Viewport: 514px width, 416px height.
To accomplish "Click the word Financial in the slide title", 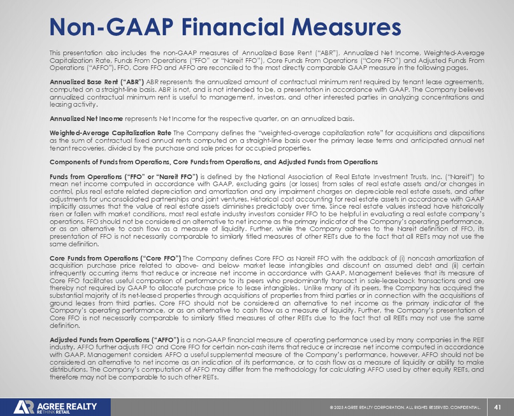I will (233, 27).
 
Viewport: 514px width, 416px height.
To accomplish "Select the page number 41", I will (497, 407).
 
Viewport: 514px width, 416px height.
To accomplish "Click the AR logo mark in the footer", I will (24, 407).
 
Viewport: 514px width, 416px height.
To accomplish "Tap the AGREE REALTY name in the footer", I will (66, 406).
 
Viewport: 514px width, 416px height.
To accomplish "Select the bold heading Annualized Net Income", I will (86, 118).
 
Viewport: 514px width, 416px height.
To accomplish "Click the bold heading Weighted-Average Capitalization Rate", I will (110, 133).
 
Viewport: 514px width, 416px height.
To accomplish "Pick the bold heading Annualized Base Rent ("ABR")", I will (97, 82).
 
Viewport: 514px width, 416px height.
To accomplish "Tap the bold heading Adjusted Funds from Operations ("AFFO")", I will (114, 340).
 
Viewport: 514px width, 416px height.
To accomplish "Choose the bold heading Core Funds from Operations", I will (115, 258).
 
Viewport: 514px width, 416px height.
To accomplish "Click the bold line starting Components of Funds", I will (214, 162).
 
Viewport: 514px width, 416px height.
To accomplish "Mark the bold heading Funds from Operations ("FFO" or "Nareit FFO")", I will (124, 177).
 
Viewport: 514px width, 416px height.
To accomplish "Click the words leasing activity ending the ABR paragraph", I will (73, 105).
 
